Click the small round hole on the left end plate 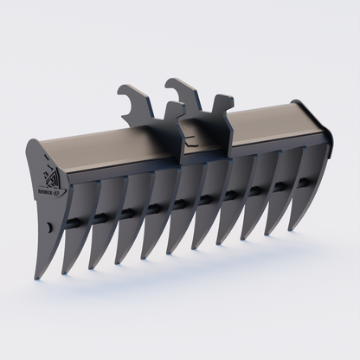(48, 227)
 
